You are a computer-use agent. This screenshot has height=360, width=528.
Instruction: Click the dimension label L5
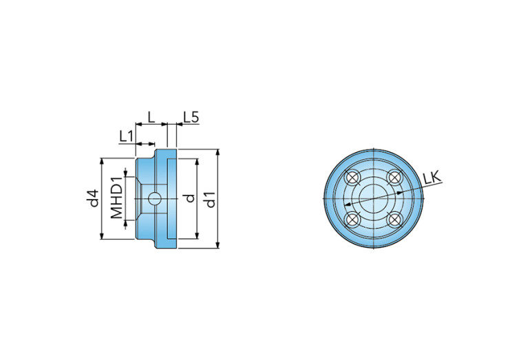tap(191, 118)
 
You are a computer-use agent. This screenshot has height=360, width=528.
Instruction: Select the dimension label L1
tap(127, 136)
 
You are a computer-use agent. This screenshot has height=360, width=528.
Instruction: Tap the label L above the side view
tap(151, 118)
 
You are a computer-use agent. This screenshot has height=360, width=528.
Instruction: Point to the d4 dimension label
tap(94, 198)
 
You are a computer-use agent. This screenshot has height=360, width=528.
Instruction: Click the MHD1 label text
tap(117, 198)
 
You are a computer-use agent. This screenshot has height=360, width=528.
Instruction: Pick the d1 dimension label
tap(210, 200)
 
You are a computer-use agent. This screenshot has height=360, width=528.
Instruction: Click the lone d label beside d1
tap(190, 198)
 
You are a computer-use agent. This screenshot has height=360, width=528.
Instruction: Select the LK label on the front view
tap(432, 177)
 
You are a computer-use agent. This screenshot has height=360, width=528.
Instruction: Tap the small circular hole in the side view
tap(154, 199)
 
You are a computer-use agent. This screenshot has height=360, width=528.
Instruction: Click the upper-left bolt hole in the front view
tap(352, 178)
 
